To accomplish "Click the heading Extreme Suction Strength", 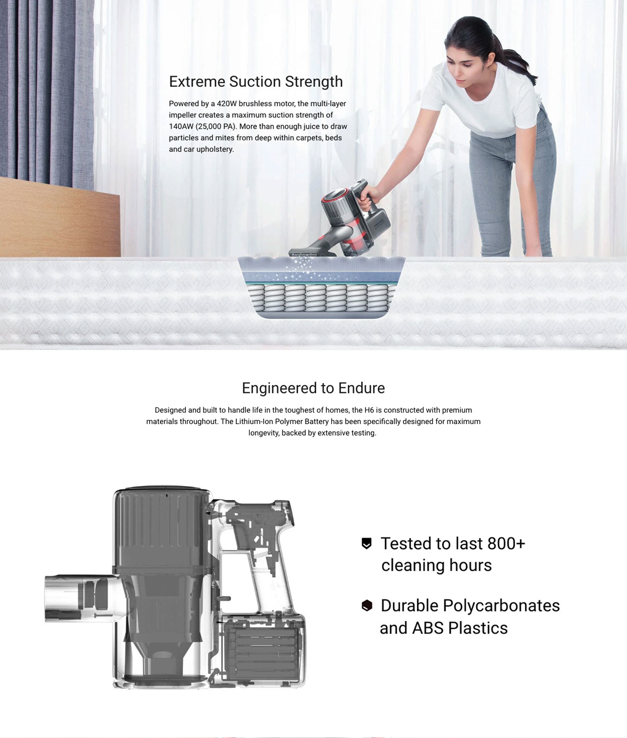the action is pyautogui.click(x=256, y=82).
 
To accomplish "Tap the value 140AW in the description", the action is pyautogui.click(x=181, y=126).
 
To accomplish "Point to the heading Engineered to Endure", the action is pyautogui.click(x=313, y=388).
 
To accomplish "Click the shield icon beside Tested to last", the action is pyautogui.click(x=367, y=543).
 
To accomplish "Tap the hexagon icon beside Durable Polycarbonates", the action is pyautogui.click(x=367, y=606).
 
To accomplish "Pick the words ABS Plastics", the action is pyautogui.click(x=460, y=628).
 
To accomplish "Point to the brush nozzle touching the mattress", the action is pyautogui.click(x=311, y=252).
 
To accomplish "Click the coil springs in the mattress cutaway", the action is pyautogui.click(x=319, y=299).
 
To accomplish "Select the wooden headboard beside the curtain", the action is pyautogui.click(x=59, y=217).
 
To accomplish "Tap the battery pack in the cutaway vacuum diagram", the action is pyautogui.click(x=263, y=653).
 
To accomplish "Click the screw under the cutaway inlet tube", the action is pyautogui.click(x=103, y=615).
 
